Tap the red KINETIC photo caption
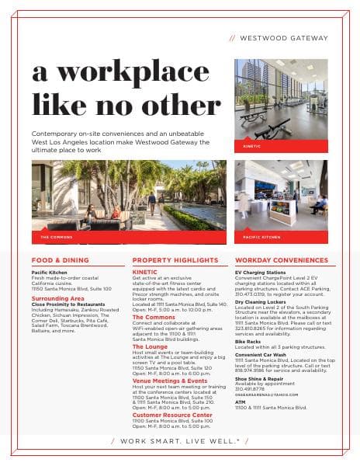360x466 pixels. (x=252, y=146)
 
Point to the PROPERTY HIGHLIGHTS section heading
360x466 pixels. (x=172, y=260)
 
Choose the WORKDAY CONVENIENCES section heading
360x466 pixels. (x=279, y=260)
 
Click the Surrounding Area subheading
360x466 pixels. (x=58, y=297)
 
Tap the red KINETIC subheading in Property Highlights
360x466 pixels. (x=144, y=272)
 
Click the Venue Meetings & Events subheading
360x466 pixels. (x=169, y=381)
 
